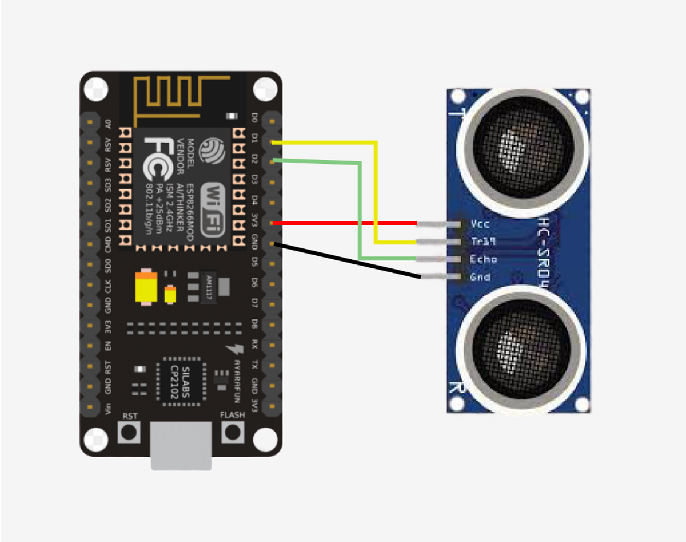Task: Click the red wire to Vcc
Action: point(343,223)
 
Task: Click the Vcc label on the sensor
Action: point(478,223)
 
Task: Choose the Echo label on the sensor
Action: point(483,259)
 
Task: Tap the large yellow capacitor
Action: point(146,288)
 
